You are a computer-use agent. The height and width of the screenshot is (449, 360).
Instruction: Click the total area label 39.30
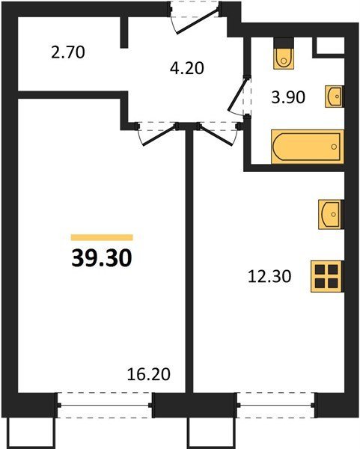(x=102, y=257)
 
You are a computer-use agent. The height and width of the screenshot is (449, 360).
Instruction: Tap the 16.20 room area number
(x=149, y=374)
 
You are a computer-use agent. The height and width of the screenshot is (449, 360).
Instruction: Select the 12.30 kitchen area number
(x=269, y=277)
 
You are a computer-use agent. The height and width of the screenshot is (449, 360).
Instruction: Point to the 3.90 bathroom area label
(x=288, y=97)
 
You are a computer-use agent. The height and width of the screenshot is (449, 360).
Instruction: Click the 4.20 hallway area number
(x=186, y=68)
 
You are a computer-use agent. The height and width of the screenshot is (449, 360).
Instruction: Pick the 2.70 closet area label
(x=68, y=52)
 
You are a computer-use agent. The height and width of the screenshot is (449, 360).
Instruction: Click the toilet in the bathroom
(x=284, y=58)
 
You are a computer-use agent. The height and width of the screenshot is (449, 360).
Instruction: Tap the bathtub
(x=308, y=147)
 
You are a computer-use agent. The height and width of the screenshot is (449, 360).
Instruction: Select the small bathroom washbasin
(x=335, y=97)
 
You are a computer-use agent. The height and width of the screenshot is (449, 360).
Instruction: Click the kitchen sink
(x=331, y=214)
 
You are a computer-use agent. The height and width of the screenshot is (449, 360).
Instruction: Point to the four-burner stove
(x=327, y=276)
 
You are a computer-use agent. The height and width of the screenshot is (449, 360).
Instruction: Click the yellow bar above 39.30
(x=102, y=237)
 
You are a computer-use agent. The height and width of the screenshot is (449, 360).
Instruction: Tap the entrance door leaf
(x=198, y=22)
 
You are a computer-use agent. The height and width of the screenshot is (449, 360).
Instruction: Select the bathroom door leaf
(x=238, y=95)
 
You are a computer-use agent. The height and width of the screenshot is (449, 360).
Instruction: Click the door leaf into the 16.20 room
(x=159, y=135)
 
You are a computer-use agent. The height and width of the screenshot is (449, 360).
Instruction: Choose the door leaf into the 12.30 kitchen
(x=216, y=135)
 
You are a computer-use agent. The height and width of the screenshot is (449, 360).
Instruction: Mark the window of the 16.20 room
(x=105, y=405)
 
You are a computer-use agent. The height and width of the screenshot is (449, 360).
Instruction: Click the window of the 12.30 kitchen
(x=276, y=405)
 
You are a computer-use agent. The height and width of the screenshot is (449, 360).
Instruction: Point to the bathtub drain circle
(x=334, y=147)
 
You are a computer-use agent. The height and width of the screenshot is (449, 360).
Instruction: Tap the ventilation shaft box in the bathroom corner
(x=330, y=46)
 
